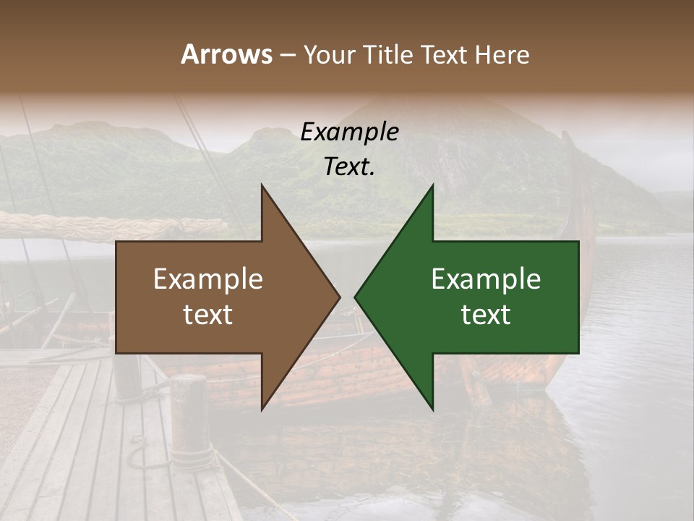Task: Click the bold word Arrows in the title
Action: [x=226, y=54]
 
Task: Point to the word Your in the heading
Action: [x=327, y=55]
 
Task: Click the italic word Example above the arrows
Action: [x=349, y=132]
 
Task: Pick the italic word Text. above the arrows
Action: [x=349, y=166]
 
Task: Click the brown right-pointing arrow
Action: [x=217, y=297]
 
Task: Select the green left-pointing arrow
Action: [x=492, y=297]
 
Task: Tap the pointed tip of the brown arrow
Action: [x=338, y=297]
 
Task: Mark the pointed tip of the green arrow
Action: [x=356, y=297]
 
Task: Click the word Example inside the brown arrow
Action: [x=208, y=279]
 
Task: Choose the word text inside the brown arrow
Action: [x=208, y=315]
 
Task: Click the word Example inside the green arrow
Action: [x=486, y=279]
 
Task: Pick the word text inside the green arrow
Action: [x=486, y=315]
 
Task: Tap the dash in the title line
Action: [x=287, y=55]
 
